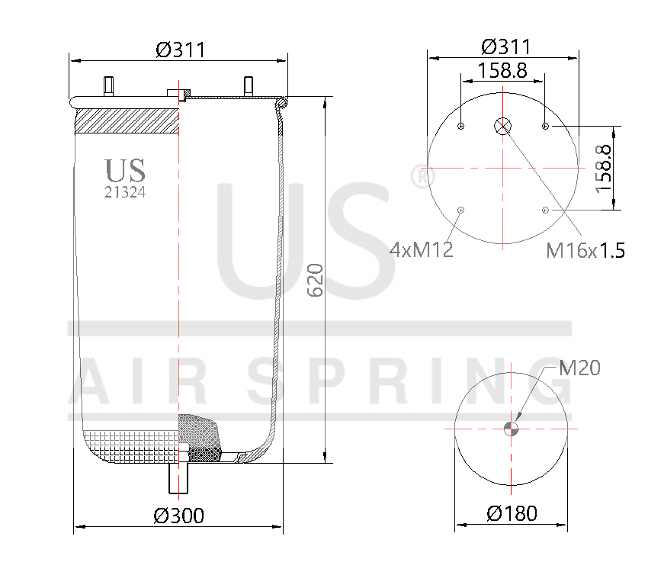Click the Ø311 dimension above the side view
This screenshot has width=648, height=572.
pos(181,50)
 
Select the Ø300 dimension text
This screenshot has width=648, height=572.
pos(178,516)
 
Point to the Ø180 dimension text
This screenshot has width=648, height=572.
pos(512,513)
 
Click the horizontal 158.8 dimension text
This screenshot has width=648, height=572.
pos(502,71)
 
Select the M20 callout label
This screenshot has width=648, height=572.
pos(579,368)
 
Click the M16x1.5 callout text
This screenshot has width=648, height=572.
pos(585,249)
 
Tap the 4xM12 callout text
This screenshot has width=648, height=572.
pos(421,249)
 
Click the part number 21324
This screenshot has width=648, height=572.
pos(125,192)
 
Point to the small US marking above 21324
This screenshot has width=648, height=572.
pos(125,170)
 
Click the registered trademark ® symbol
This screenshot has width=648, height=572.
pos(419,175)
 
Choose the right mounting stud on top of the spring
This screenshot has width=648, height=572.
pos(248,85)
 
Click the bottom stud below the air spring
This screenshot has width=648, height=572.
pos(178,478)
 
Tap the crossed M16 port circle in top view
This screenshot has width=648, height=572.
pos(503,127)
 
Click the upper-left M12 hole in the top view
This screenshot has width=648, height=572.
pos(461,127)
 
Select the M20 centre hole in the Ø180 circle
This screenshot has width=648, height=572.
pos(512,428)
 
